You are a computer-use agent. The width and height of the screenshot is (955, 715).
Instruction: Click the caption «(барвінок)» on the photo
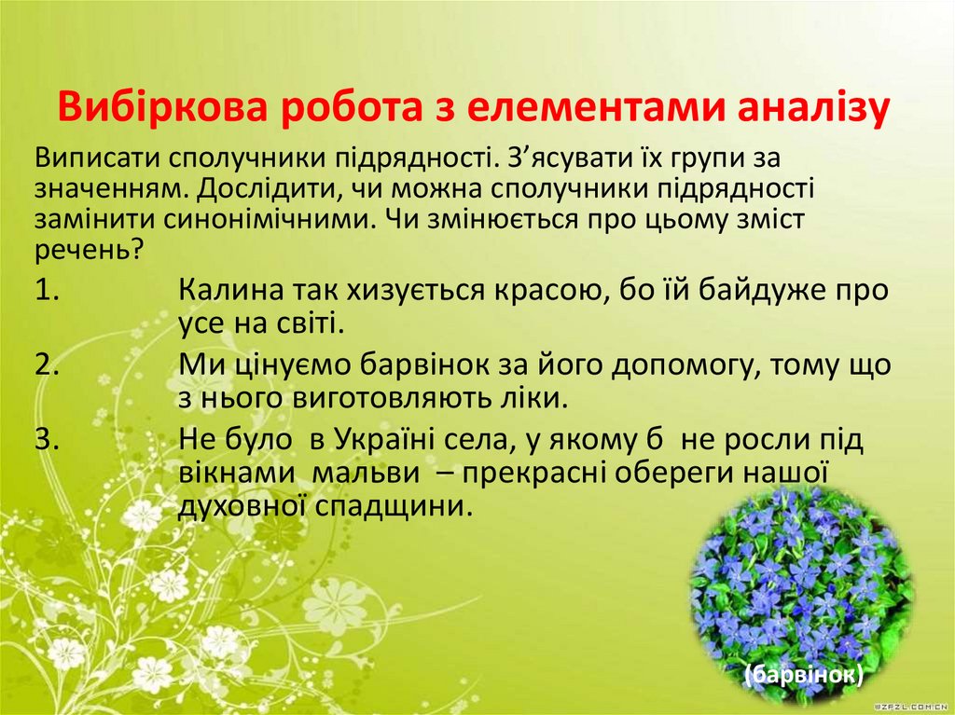pyautogui.click(x=803, y=674)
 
